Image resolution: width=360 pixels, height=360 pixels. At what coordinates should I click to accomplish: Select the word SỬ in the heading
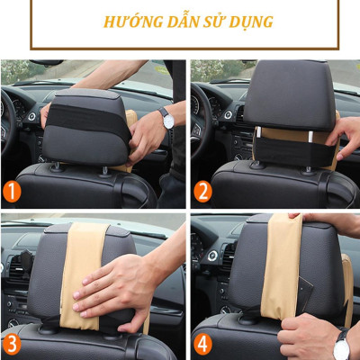tap(209, 21)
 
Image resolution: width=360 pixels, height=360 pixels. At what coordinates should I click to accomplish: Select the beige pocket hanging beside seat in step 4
tap(346, 288)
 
